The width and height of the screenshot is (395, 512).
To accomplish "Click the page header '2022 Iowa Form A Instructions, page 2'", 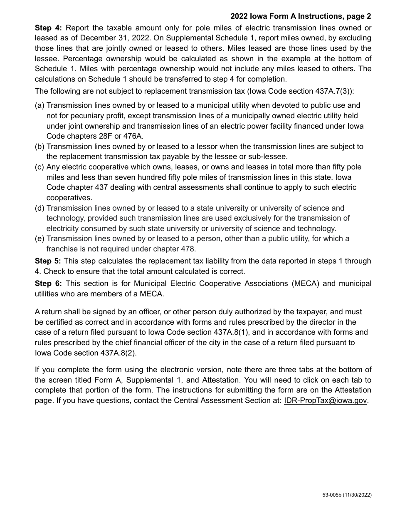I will (x=301, y=17).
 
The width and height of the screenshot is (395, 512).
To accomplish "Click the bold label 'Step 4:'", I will (x=48, y=28).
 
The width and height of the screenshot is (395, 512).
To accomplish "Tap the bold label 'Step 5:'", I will (x=48, y=261).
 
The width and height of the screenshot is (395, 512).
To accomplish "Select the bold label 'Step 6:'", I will (x=48, y=283).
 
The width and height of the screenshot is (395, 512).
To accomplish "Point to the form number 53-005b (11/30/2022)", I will (x=347, y=495).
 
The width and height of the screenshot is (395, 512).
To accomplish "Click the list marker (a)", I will (x=40, y=106).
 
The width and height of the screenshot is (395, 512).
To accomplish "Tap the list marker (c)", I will (x=40, y=167).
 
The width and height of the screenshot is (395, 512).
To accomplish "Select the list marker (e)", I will (x=40, y=239).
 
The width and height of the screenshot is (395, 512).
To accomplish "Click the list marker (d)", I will (x=40, y=208).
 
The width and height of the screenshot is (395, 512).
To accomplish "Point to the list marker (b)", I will (x=40, y=147).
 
